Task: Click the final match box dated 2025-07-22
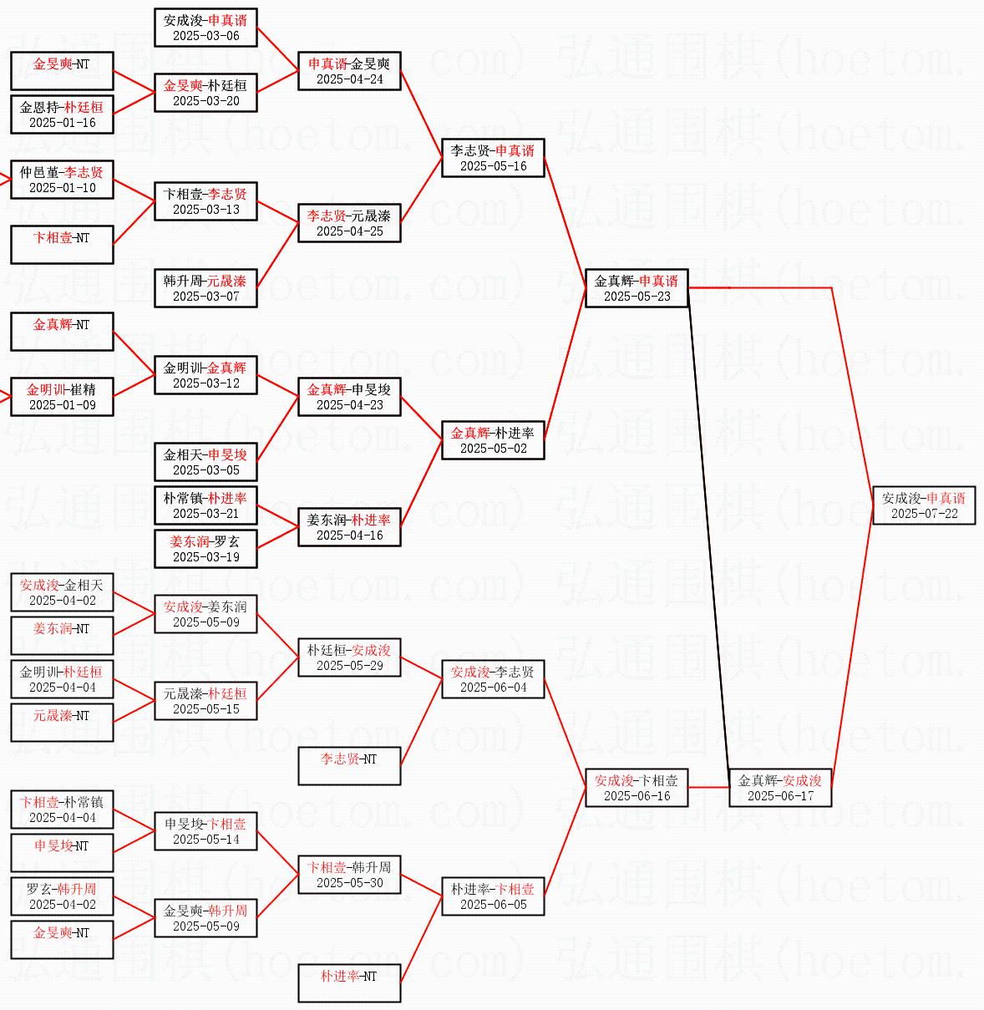click(924, 505)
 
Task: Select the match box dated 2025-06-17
click(780, 788)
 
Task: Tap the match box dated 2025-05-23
click(637, 288)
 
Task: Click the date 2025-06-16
click(637, 796)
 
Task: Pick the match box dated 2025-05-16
click(493, 158)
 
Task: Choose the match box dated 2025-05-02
click(493, 440)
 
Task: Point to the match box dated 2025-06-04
click(493, 679)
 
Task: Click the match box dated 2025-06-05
click(493, 896)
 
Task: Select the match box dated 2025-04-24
click(349, 71)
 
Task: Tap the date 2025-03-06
click(205, 36)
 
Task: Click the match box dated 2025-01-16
click(62, 114)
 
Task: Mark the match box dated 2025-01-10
click(62, 180)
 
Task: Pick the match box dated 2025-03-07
click(205, 288)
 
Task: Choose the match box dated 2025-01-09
click(62, 397)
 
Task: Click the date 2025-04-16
click(349, 535)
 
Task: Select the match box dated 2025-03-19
click(205, 549)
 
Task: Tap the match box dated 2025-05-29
click(349, 657)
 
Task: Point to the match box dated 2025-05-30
click(349, 875)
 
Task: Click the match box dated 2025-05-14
click(205, 831)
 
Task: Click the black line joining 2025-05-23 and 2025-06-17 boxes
click(708, 535)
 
